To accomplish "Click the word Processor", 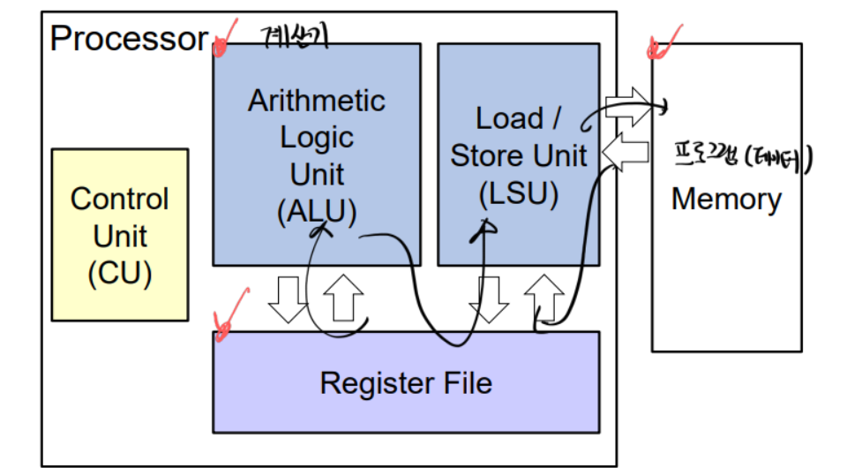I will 129,39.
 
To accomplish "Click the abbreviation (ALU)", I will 316,212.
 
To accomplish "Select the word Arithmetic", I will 316,101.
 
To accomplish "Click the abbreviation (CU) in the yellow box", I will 119,274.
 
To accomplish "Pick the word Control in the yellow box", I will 119,199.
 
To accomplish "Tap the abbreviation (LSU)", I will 518,194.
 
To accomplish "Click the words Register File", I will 406,383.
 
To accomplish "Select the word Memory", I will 726,199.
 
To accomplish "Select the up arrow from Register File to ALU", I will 344,298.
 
